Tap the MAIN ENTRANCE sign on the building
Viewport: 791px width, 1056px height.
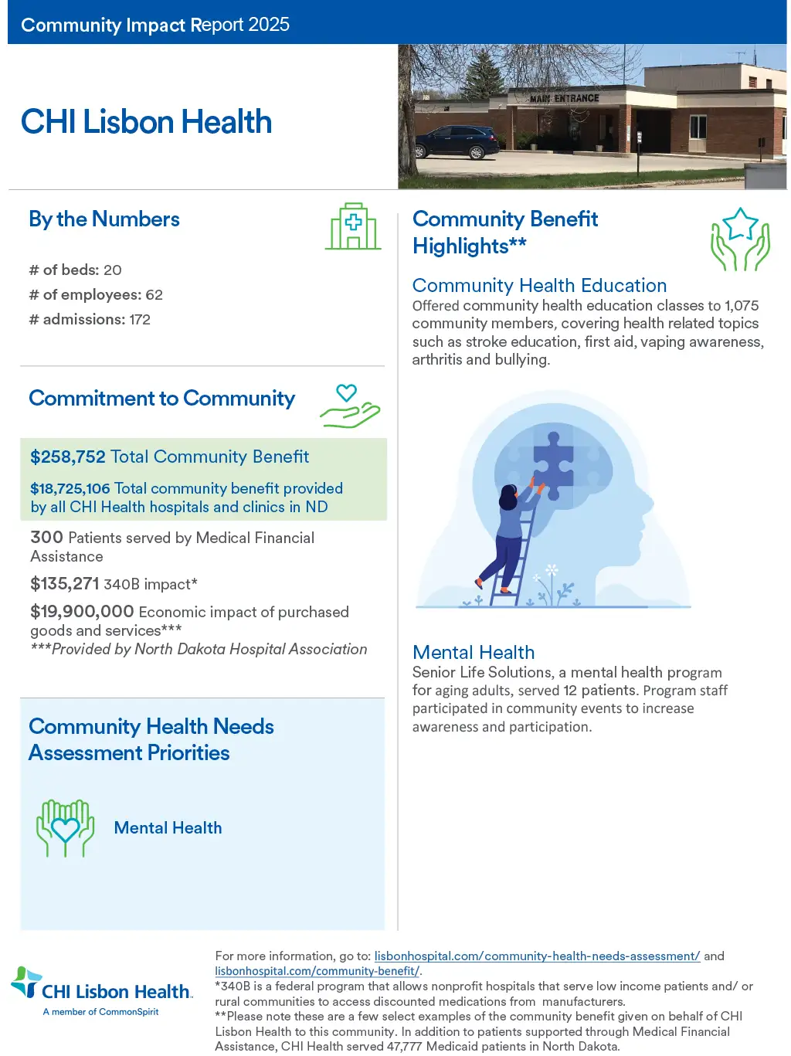point(564,98)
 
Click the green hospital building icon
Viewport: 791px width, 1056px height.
point(353,227)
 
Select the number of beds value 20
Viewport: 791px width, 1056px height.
point(113,270)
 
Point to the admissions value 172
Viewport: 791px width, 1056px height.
point(140,320)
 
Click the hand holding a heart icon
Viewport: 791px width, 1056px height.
point(350,406)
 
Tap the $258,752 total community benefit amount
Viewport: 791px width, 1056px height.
point(68,457)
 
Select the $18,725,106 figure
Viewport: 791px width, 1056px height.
point(70,489)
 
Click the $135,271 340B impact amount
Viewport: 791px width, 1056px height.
point(65,585)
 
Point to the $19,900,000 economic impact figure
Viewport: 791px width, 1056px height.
point(82,612)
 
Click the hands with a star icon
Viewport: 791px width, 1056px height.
point(740,239)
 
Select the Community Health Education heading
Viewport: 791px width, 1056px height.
point(539,286)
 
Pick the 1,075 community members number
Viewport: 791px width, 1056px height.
point(742,306)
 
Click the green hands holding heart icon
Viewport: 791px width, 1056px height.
point(66,828)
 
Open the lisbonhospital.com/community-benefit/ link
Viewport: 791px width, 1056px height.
point(317,971)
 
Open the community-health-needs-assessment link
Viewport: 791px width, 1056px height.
point(537,956)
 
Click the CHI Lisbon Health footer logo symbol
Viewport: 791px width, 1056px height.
point(26,982)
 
